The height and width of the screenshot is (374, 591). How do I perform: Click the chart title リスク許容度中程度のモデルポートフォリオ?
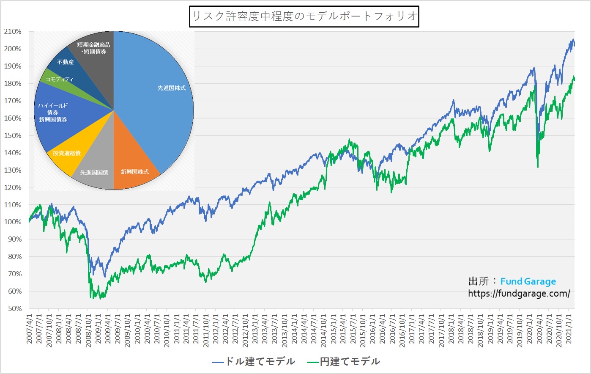pyautogui.click(x=304, y=16)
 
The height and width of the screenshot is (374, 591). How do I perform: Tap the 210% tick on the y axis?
pyautogui.click(x=13, y=31)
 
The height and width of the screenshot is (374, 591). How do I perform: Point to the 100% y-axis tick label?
pyautogui.click(x=13, y=222)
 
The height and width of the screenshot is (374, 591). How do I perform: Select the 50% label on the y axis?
pyautogui.click(x=14, y=308)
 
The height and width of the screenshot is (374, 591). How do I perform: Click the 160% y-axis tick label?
pyautogui.click(x=13, y=118)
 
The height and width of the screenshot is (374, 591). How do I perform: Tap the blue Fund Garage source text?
pyautogui.click(x=528, y=281)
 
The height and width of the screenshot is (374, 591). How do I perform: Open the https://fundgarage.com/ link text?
pyautogui.click(x=519, y=293)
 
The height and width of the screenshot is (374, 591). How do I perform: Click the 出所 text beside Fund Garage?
pyautogui.click(x=478, y=281)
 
